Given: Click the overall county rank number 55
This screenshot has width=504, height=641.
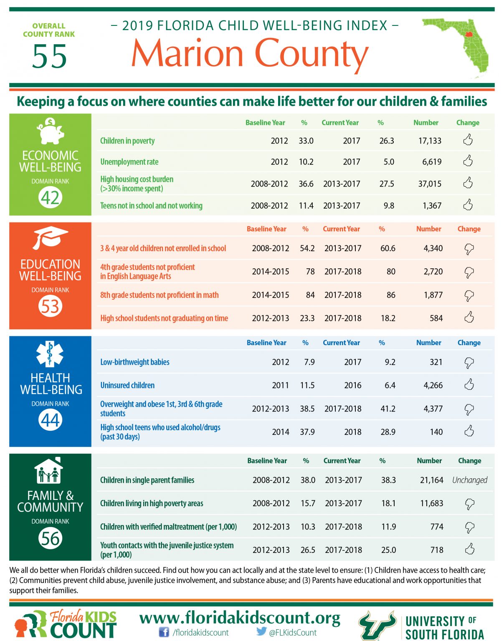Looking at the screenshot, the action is pos(49,56).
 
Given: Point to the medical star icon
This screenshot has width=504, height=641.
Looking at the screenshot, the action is pos(50,354).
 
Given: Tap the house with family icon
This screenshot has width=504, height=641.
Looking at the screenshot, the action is pos(49,471).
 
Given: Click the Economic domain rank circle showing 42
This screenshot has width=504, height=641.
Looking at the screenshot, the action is pos(50,198).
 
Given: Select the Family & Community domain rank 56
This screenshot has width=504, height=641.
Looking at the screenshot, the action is pos(50,538).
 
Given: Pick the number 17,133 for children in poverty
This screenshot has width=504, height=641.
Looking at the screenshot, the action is pos(430,141).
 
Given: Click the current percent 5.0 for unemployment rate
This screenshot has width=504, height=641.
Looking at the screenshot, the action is pos(389,162).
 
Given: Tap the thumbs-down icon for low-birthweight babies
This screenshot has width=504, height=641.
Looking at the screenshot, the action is pos(469,363).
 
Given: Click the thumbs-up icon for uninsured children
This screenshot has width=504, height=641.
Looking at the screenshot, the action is pos(469,384).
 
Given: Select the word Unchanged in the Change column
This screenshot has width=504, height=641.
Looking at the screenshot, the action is pos(470,480).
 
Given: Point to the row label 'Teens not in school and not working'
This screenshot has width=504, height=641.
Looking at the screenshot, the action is pos(152,206).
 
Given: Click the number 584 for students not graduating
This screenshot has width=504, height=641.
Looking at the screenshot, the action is pos(436,318).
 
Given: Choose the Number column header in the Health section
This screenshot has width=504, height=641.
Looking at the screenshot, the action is pos(428,343).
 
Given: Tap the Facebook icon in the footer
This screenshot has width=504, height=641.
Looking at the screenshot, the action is pos(164,632).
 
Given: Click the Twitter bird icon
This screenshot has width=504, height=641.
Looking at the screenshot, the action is pos(261,631).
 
